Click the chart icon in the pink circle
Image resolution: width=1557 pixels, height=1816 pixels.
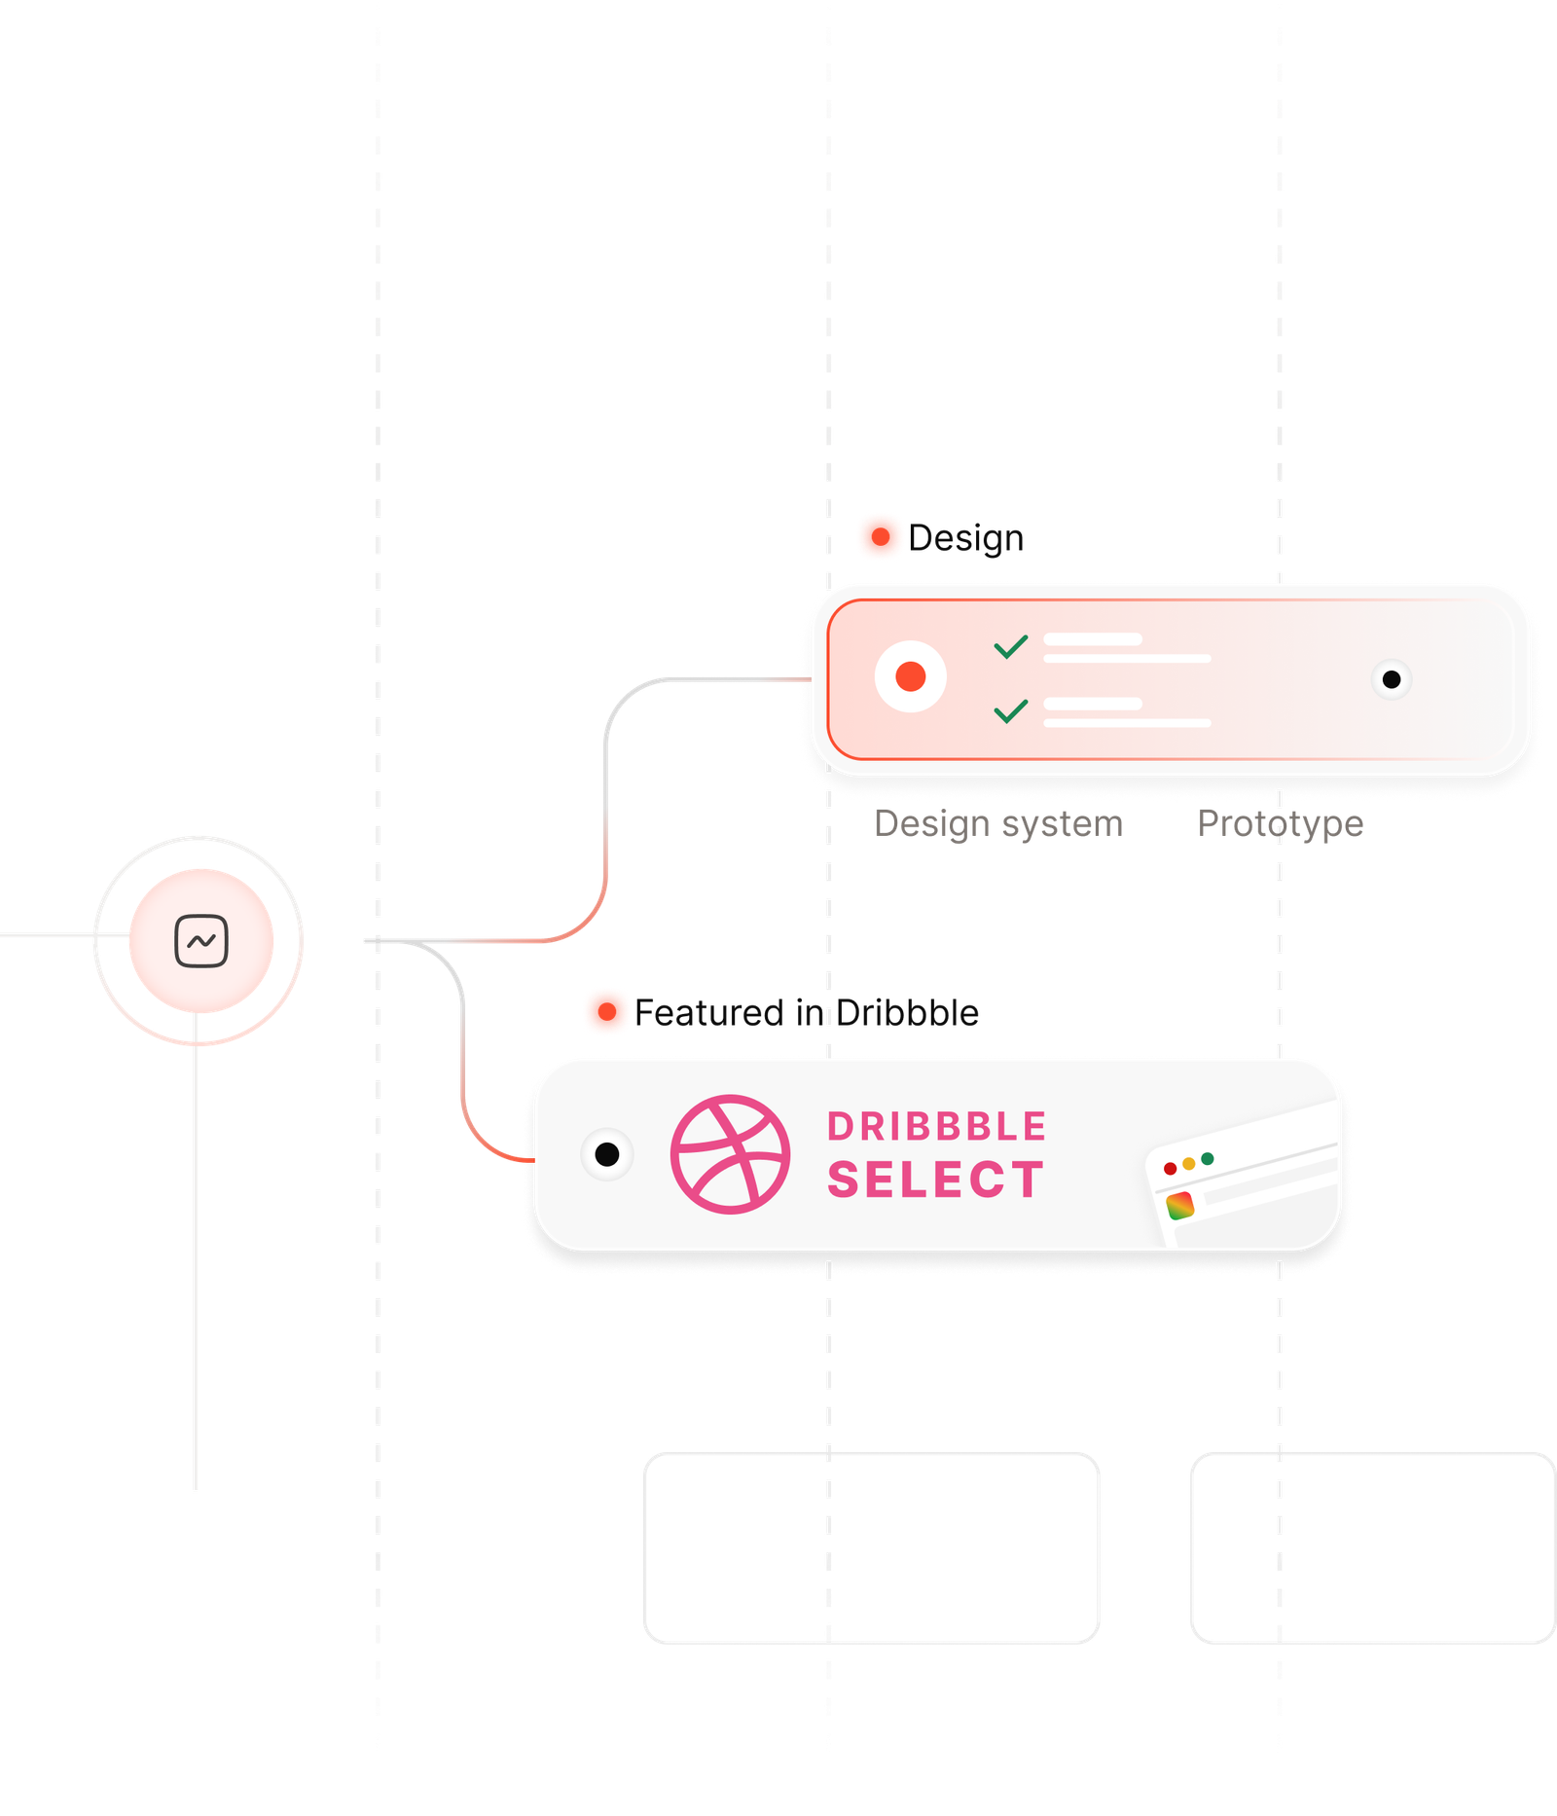tap(201, 941)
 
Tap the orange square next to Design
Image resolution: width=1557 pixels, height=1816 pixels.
tap(880, 536)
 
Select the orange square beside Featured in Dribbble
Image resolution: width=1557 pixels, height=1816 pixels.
tap(606, 1011)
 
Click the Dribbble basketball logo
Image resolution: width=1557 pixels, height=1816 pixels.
tap(730, 1154)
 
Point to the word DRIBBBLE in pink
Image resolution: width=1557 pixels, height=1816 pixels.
tap(936, 1127)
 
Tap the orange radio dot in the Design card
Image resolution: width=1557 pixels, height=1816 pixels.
tap(911, 676)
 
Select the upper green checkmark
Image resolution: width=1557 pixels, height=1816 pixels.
tap(1011, 646)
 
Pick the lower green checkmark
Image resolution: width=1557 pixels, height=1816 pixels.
tap(1011, 711)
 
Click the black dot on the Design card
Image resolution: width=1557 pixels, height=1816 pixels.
tap(1392, 679)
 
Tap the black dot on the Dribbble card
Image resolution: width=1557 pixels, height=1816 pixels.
tap(606, 1154)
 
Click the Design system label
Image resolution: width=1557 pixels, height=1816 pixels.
tap(998, 824)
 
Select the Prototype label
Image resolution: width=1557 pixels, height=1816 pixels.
tap(1280, 823)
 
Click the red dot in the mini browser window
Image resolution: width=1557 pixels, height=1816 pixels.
tap(1171, 1169)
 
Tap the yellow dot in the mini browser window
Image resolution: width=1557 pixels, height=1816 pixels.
tap(1189, 1164)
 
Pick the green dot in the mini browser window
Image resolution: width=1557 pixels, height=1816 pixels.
tap(1208, 1159)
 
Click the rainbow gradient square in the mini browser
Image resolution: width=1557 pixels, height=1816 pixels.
tap(1180, 1205)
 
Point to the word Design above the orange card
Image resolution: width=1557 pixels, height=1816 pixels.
tap(967, 538)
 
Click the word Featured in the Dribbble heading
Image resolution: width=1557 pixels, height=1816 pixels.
tap(710, 1013)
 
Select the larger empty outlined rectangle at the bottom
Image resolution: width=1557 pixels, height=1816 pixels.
tap(871, 1548)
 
